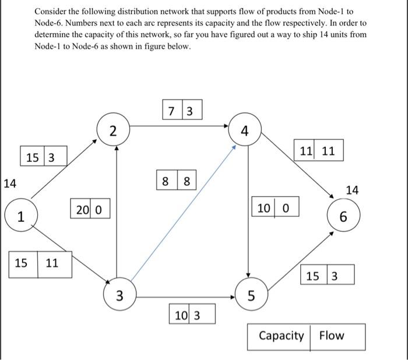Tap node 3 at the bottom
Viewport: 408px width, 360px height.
coord(119,296)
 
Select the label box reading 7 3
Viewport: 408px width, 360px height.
coord(182,110)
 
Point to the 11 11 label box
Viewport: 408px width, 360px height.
coord(318,150)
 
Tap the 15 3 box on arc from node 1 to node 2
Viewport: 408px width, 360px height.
coord(40,157)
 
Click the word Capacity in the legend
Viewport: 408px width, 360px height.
coord(281,336)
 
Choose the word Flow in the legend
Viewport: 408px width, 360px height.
coord(332,336)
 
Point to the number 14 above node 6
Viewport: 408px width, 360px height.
coord(353,190)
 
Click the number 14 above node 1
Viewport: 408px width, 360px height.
coord(9,184)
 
